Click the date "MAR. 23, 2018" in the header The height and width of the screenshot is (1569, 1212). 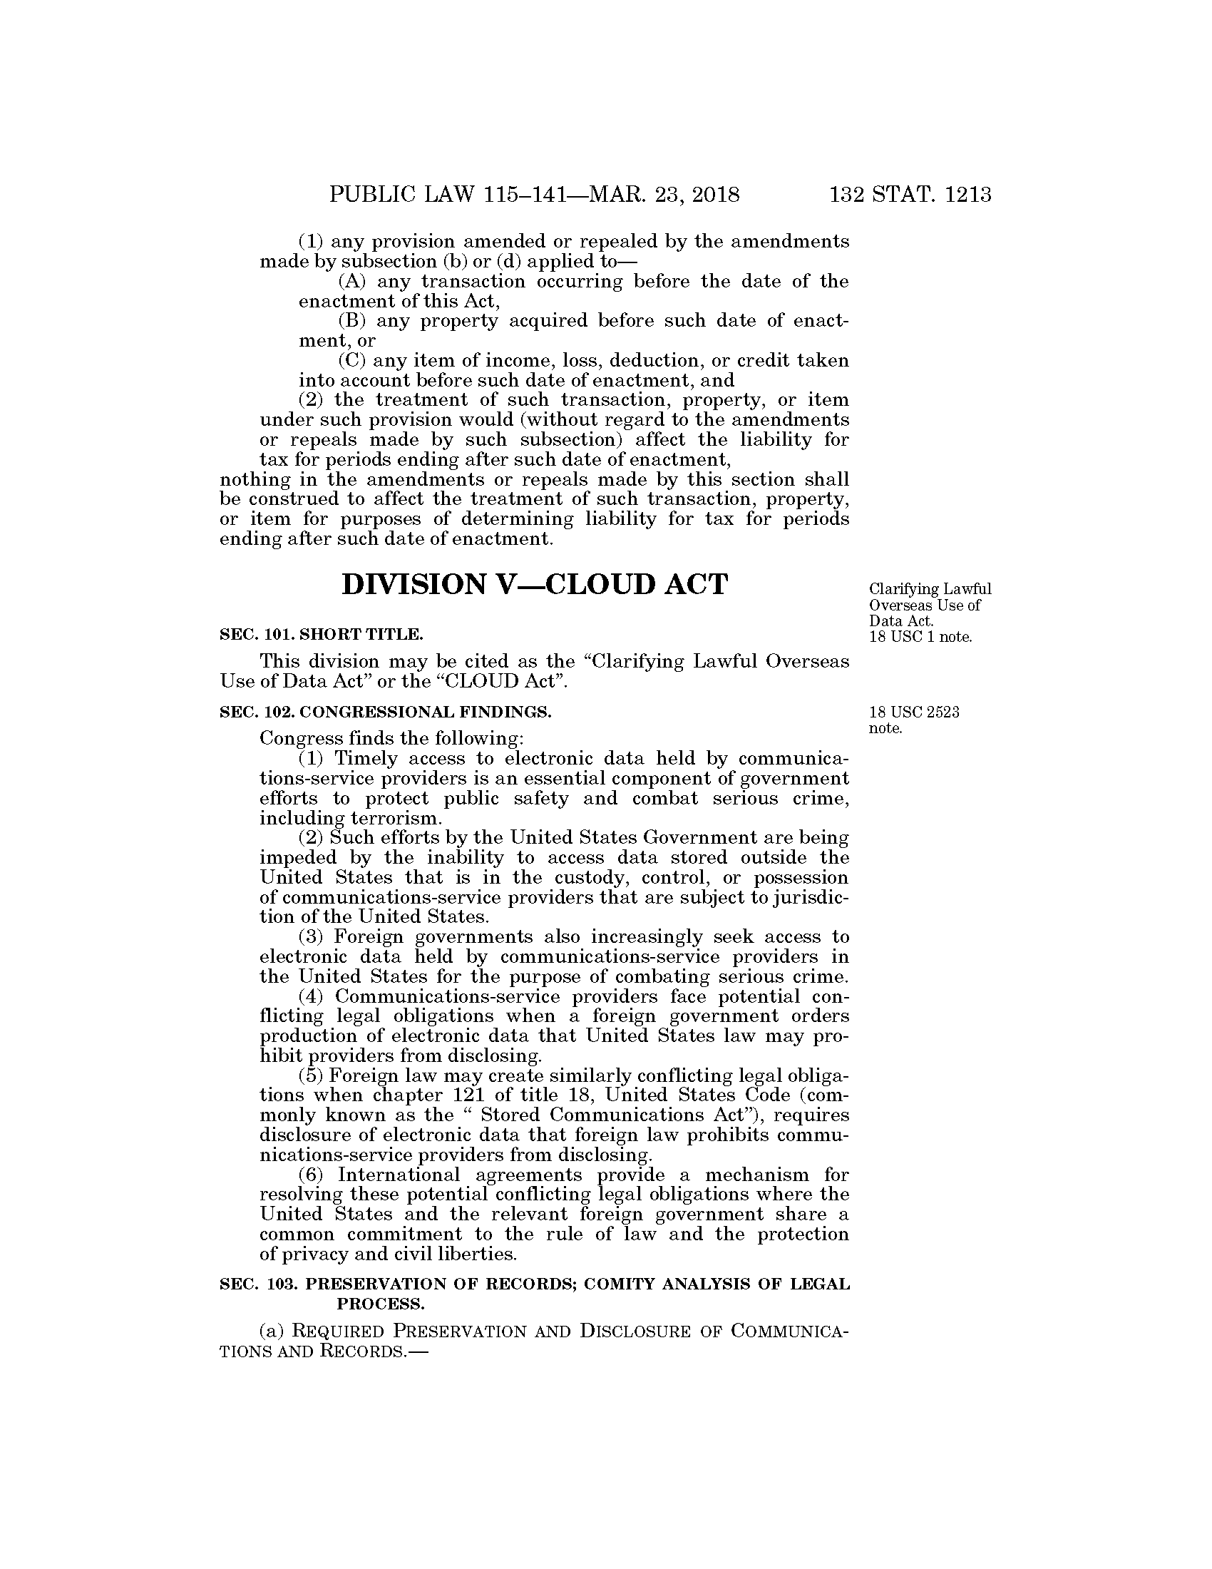[664, 195]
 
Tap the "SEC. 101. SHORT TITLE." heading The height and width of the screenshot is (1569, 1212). [321, 634]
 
